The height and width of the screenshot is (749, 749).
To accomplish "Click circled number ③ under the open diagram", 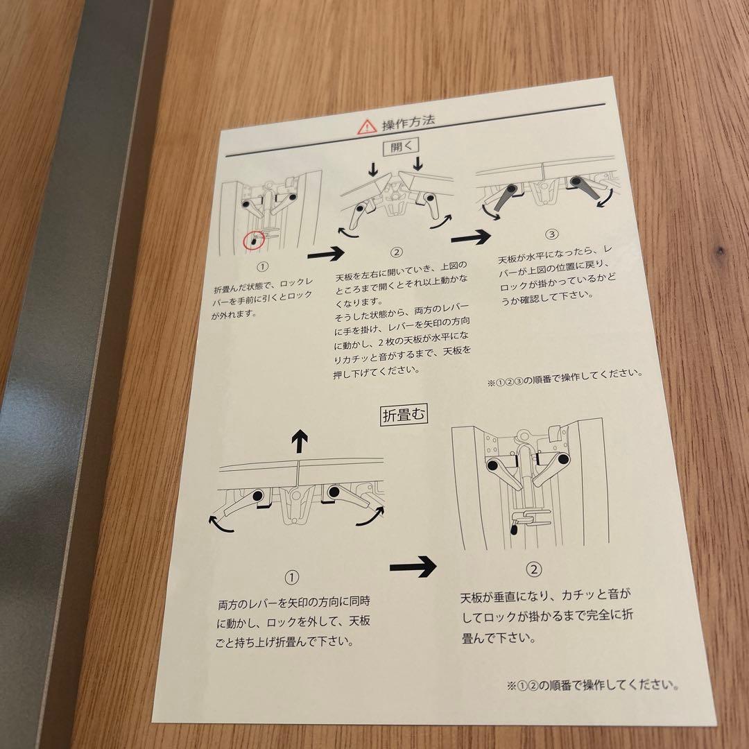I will pyautogui.click(x=552, y=234).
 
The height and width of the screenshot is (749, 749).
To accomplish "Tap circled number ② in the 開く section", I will pyautogui.click(x=396, y=251).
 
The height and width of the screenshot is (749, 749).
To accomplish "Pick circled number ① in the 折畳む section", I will pyautogui.click(x=292, y=577).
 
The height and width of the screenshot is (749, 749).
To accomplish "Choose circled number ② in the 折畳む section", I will pyautogui.click(x=534, y=570).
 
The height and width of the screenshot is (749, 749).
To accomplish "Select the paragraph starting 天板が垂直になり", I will pyautogui.click(x=546, y=617).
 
